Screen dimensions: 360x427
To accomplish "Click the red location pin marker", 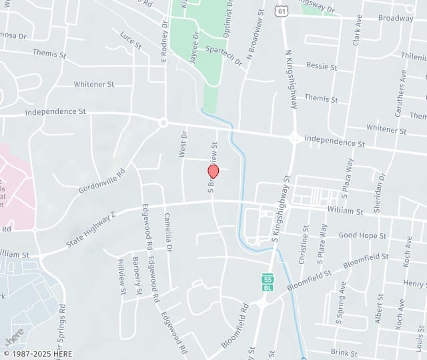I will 213,172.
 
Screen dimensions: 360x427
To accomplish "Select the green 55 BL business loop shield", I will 268,281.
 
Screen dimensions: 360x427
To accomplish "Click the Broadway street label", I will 396,18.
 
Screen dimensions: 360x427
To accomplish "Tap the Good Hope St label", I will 362,235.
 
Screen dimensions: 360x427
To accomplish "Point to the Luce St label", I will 131,40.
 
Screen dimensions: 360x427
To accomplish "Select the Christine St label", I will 303,245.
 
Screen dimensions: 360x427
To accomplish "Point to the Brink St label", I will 344,353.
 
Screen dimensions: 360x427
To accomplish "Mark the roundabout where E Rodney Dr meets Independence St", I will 163,123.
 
